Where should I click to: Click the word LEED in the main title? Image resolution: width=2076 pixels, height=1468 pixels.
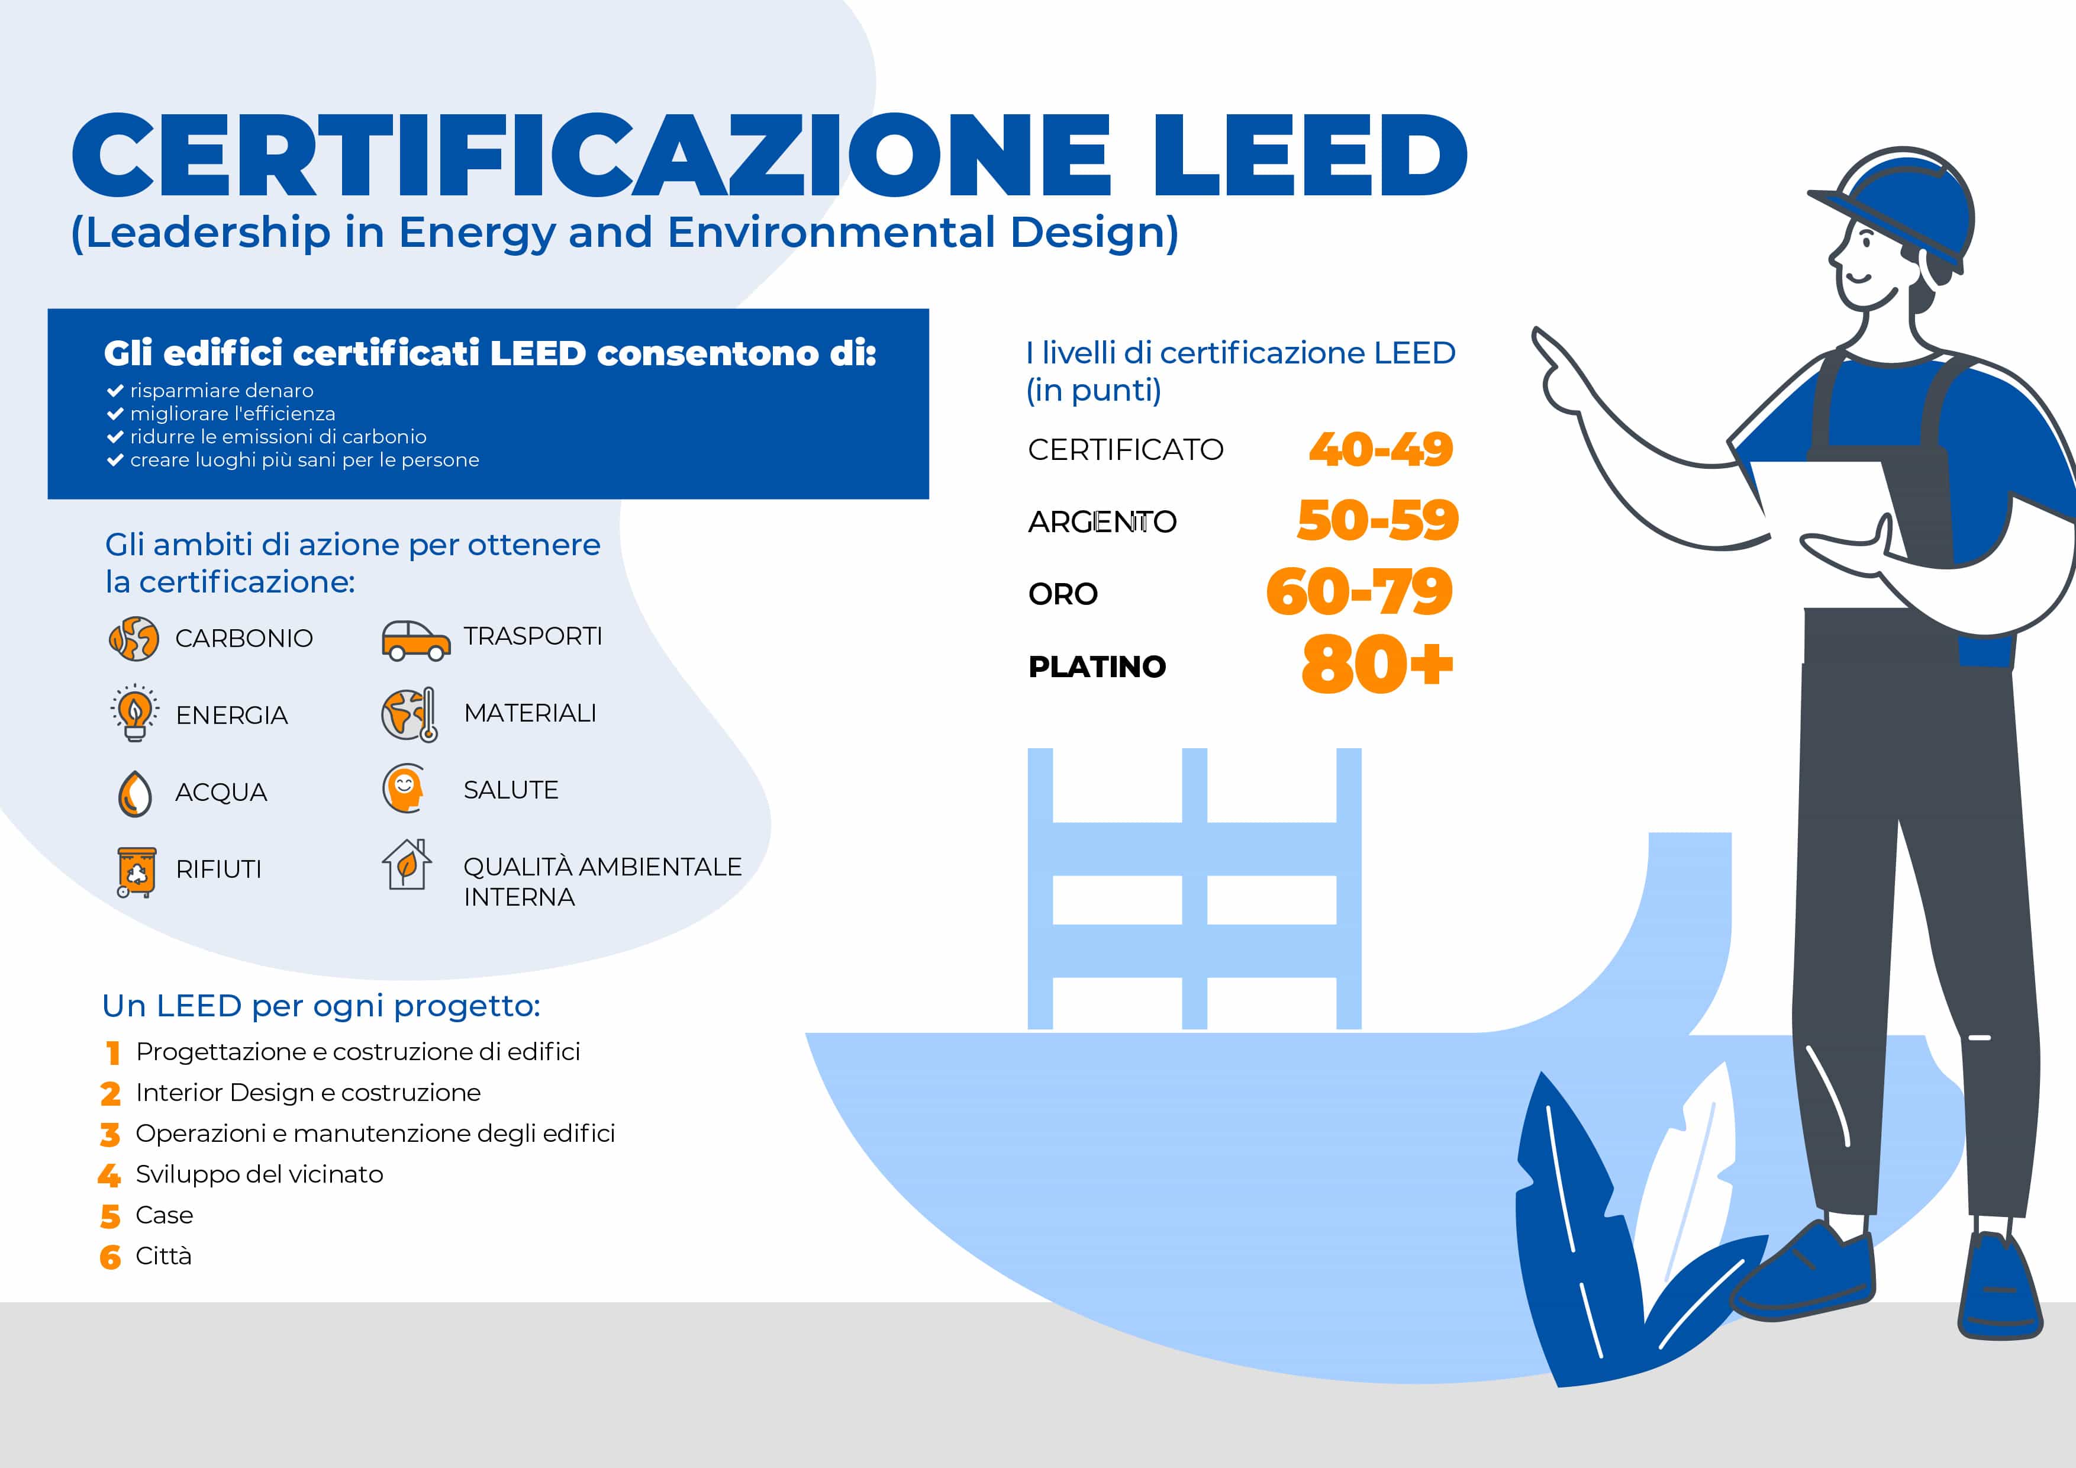(x=1309, y=156)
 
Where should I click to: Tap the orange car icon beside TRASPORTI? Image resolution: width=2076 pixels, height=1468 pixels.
(x=415, y=640)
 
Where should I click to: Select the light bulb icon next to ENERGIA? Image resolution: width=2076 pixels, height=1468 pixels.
(x=135, y=713)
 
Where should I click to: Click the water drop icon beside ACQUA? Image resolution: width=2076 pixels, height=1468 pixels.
(x=135, y=793)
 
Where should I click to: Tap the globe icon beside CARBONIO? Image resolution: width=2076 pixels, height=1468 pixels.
(x=134, y=639)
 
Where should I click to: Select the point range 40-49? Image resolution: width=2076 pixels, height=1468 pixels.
(x=1380, y=449)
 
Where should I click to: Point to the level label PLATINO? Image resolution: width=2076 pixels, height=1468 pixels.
(x=1097, y=667)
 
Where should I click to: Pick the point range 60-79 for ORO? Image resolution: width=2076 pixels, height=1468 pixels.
(x=1359, y=593)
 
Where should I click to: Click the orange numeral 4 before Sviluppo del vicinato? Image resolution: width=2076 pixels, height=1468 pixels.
(x=109, y=1175)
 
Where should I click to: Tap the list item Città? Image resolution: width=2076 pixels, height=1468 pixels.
(x=164, y=1255)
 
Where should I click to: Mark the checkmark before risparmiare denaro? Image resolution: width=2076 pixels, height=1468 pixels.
(x=115, y=391)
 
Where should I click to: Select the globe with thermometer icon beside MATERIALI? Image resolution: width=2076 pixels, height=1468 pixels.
(x=410, y=714)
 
